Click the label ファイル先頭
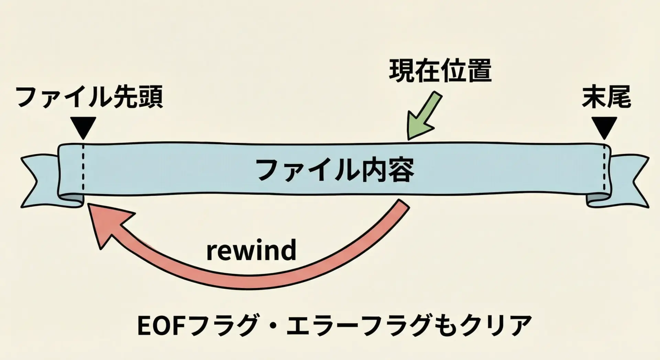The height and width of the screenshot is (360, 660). tap(89, 98)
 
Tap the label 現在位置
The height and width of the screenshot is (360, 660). tap(440, 71)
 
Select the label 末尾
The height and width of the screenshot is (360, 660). tap(606, 97)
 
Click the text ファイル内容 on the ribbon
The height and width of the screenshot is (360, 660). tap(335, 170)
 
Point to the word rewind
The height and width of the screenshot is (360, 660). tap(251, 250)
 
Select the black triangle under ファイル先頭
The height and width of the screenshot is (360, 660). tap(83, 127)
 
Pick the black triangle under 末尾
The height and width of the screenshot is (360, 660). tap(604, 127)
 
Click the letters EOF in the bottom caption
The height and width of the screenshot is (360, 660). tap(159, 326)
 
